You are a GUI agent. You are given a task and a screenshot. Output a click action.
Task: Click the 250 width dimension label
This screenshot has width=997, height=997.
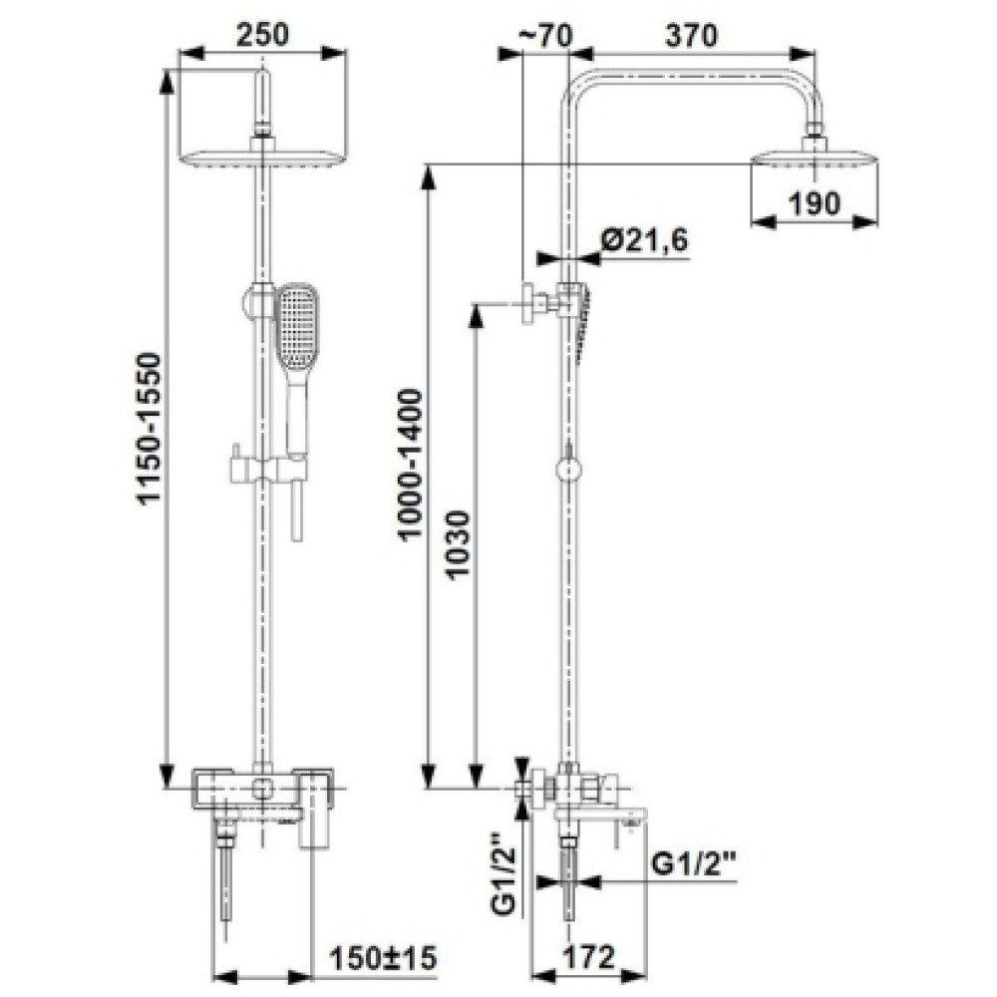pos(262,34)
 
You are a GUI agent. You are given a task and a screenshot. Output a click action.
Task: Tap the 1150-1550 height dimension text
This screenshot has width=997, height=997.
pos(152,429)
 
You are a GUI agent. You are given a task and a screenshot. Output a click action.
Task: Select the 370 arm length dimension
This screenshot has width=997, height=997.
pos(691,36)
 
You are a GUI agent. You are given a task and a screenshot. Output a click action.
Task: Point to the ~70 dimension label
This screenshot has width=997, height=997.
pos(545,36)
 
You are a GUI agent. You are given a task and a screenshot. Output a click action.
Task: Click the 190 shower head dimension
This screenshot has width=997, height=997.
pos(815,203)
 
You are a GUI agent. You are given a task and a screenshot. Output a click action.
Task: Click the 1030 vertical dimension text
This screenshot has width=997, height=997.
pos(459,542)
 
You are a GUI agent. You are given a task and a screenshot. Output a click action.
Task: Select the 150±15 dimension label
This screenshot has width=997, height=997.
pos(384,957)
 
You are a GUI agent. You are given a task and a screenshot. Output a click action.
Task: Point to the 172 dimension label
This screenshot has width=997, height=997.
pos(589,957)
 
